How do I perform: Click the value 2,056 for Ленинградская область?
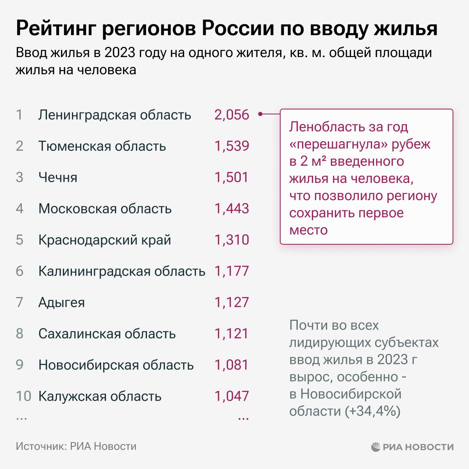pyautogui.click(x=231, y=115)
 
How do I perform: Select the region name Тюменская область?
pyautogui.click(x=102, y=146)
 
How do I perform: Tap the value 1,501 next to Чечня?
pyautogui.click(x=231, y=177)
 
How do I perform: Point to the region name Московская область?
pyautogui.click(x=105, y=209)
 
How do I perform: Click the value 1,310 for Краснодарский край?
pyautogui.click(x=231, y=240)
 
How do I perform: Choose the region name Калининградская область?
pyautogui.click(x=122, y=271)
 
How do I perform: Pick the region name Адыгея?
pyautogui.click(x=61, y=303)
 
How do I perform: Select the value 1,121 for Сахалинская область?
pyautogui.click(x=231, y=334)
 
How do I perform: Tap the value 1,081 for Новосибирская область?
pyautogui.click(x=231, y=365)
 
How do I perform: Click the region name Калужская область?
pyautogui.click(x=100, y=396)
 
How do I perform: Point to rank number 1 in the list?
pyautogui.click(x=20, y=115)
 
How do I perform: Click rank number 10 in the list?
pyautogui.click(x=23, y=396)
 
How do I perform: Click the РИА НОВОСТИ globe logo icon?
pyautogui.click(x=376, y=446)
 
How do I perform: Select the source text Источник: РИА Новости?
pyautogui.click(x=76, y=446)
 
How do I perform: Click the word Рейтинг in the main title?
pyautogui.click(x=55, y=29)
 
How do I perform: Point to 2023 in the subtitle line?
pyautogui.click(x=116, y=53)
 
